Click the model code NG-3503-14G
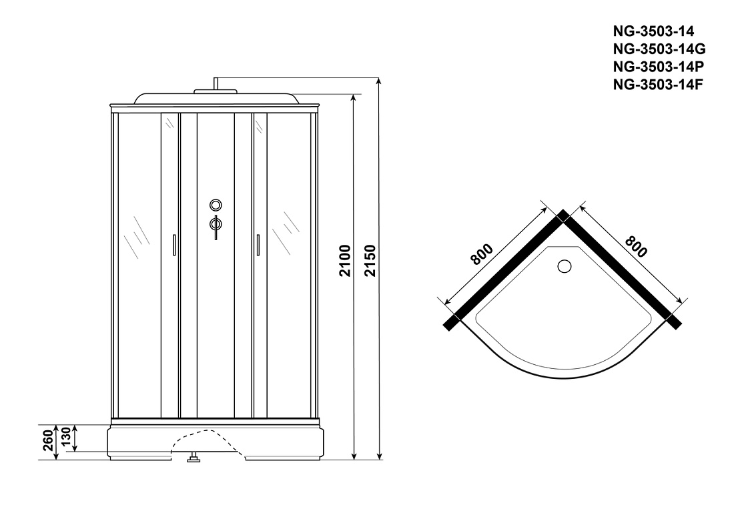659,49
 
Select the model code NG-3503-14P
658,67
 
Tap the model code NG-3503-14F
658,84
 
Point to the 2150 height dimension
370,261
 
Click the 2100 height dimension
345,261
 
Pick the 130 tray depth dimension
66,437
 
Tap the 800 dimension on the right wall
636,247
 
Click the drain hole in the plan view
565,266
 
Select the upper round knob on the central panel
216,205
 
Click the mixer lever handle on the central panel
216,225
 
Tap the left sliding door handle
174,245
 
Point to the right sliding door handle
258,245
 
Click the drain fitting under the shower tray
193,458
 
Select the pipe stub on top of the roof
216,83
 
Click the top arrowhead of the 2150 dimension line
380,81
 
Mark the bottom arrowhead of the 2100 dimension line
354,456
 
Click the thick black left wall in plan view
506,270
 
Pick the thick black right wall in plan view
622,270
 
